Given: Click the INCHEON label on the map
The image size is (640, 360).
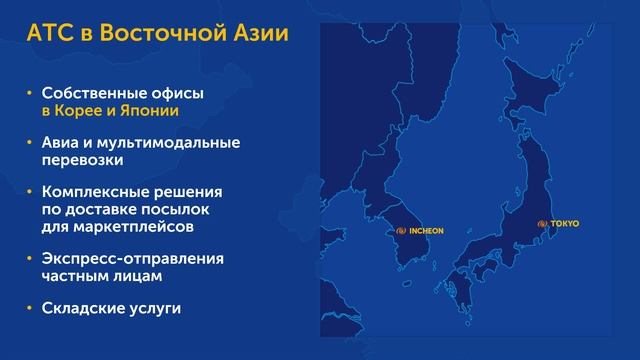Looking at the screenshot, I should tap(424, 230).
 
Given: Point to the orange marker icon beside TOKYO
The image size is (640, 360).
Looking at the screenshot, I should tap(543, 223).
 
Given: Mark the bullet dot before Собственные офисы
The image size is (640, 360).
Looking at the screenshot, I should tap(29, 92).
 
